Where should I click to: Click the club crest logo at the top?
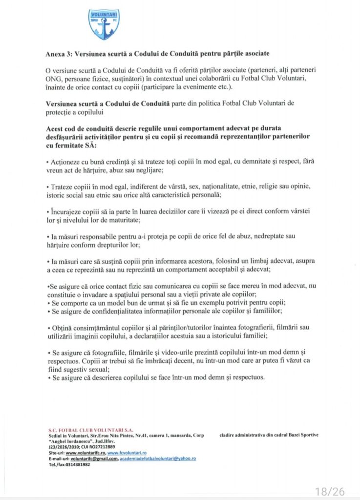[x=104, y=24]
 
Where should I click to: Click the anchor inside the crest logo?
[x=104, y=29]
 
